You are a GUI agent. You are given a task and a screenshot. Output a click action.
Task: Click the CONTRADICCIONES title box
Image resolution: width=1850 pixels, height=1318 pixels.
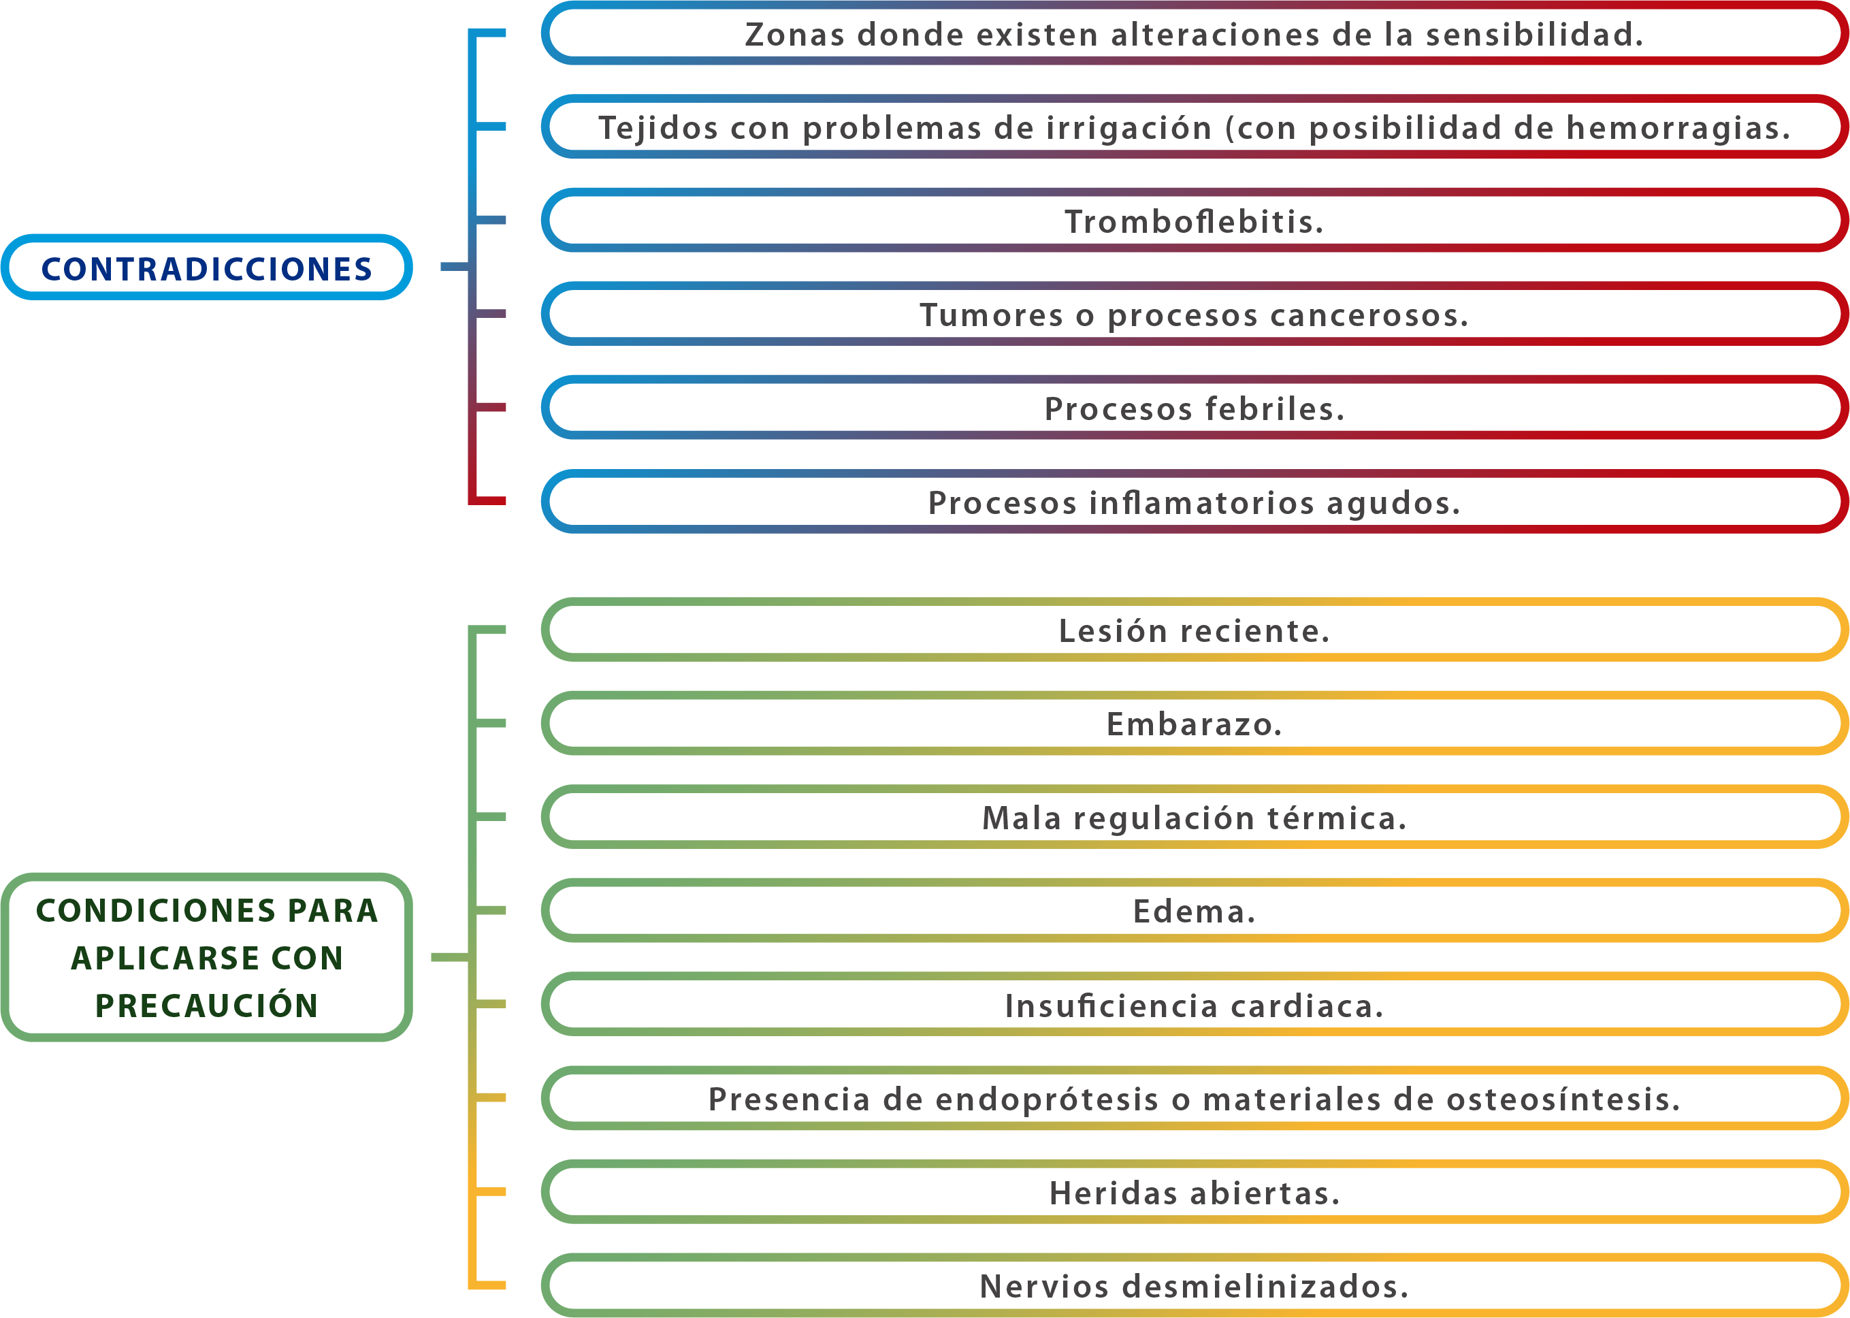206,267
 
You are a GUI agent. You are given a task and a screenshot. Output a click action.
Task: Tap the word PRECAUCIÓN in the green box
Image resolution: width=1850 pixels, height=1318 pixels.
206,1006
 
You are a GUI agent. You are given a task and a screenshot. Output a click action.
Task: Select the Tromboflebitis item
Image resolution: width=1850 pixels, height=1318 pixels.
1195,220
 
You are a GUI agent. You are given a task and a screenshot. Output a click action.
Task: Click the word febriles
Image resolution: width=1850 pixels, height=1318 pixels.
1275,408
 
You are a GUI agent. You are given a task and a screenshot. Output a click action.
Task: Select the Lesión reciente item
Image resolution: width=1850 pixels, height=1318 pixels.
1195,630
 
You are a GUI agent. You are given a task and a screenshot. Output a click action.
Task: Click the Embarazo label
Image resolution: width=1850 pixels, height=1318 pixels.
1195,724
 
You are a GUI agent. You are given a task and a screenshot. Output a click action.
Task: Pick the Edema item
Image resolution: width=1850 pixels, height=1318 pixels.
1195,911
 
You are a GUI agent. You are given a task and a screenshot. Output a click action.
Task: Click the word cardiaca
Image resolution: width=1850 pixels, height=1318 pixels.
1306,1006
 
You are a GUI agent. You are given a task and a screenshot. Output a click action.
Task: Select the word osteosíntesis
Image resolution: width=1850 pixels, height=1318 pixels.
1563,1099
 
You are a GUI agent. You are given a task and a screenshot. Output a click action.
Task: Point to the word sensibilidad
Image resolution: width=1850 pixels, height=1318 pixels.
1534,35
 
